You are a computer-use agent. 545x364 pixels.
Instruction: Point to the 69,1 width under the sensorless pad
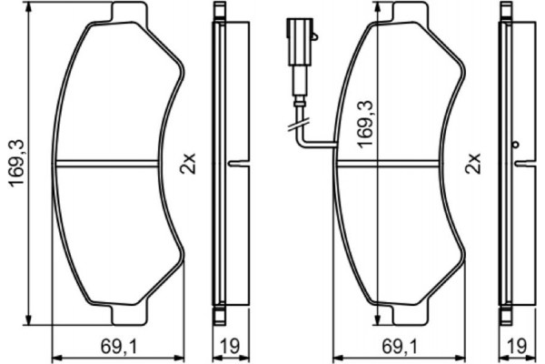point(116,347)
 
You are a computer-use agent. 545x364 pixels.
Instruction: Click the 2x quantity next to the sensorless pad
point(187,165)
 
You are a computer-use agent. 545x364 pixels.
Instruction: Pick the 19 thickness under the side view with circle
point(514,347)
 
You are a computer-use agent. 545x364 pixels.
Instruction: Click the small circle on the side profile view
point(515,146)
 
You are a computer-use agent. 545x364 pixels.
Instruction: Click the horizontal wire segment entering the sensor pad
point(320,146)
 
